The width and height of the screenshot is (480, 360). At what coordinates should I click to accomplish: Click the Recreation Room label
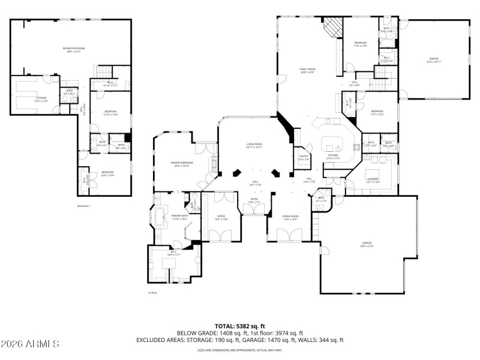click(73, 49)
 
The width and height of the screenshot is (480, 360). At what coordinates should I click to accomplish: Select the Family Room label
click(307, 71)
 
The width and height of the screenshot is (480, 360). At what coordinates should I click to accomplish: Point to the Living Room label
click(254, 145)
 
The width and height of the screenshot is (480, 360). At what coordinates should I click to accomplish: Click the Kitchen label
click(333, 157)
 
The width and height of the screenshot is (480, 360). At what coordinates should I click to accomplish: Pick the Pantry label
click(304, 158)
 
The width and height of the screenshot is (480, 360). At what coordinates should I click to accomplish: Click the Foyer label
click(254, 200)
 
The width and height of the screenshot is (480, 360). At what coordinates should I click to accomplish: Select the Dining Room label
click(290, 218)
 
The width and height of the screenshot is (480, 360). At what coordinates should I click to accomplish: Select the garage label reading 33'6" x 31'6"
click(367, 244)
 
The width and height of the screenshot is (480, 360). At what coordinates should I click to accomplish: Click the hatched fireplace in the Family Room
click(332, 26)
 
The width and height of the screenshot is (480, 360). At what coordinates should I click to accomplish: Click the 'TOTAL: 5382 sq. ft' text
click(239, 326)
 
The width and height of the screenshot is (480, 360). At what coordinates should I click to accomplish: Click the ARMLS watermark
click(30, 344)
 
